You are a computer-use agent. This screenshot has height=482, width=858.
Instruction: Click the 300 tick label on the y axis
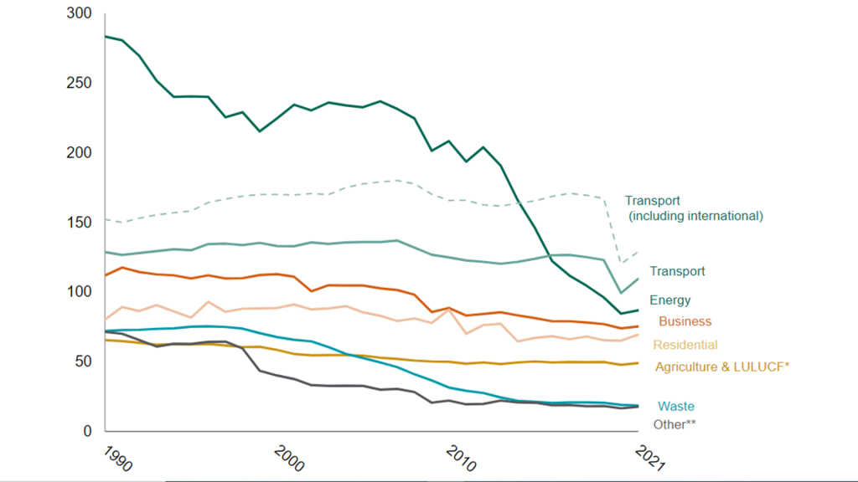(80, 14)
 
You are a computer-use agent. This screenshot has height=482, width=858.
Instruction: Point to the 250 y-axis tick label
(80, 84)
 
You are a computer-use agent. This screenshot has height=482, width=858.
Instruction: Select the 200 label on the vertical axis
(80, 153)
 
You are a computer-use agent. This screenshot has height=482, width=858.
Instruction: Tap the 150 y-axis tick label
(80, 223)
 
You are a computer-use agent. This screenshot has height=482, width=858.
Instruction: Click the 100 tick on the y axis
(80, 292)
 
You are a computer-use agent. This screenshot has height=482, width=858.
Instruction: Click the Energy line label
(670, 300)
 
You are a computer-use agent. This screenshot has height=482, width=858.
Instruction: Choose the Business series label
(685, 321)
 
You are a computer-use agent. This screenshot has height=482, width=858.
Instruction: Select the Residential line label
(685, 345)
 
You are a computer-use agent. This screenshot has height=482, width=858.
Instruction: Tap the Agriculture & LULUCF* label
(722, 367)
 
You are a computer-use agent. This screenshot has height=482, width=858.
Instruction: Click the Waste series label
(676, 407)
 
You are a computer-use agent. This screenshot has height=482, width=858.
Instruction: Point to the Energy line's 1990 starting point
(106, 36)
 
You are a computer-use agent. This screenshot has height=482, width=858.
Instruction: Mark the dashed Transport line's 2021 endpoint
(638, 251)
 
